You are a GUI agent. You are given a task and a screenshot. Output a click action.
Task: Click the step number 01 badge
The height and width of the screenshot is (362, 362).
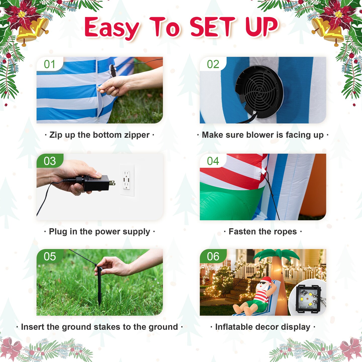point(50,64)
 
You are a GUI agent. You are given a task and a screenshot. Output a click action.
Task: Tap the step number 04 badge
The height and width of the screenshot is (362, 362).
point(213,161)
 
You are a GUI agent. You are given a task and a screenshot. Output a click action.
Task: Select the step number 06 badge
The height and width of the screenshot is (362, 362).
point(213,257)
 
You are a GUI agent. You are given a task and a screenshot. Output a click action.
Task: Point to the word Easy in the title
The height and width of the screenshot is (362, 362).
point(112,29)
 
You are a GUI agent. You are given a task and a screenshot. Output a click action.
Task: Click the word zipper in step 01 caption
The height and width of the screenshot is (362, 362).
point(137,135)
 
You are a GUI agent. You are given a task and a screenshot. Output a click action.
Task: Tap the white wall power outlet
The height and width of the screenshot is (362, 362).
point(127,180)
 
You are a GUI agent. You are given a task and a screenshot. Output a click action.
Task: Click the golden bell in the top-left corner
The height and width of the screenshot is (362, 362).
point(31,31)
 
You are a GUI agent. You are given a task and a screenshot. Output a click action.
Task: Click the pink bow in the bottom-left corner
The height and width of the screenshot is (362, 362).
point(11,348)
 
